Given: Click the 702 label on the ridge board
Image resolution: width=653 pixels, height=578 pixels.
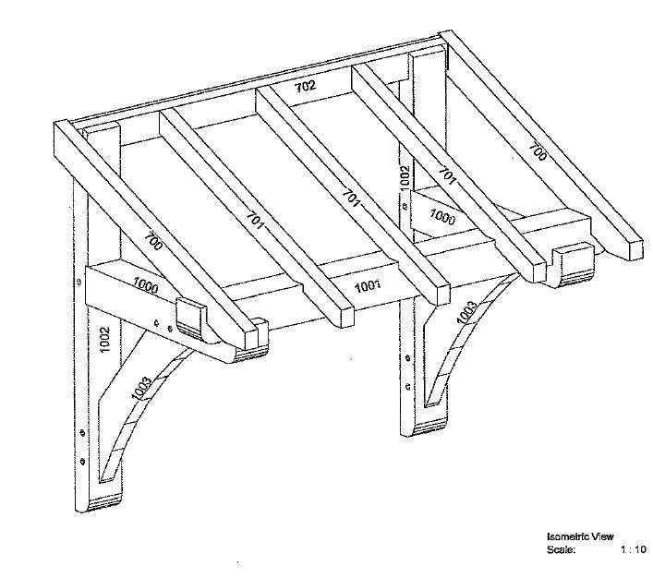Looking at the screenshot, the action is pyautogui.click(x=306, y=87).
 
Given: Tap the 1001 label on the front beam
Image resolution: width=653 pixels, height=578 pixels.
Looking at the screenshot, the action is pyautogui.click(x=368, y=286).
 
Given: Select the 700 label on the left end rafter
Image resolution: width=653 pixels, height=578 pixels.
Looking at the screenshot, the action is pyautogui.click(x=153, y=242).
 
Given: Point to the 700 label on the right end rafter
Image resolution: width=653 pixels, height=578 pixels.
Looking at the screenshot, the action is pyautogui.click(x=538, y=151).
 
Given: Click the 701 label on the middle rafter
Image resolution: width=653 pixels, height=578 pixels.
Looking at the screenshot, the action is pyautogui.click(x=350, y=199).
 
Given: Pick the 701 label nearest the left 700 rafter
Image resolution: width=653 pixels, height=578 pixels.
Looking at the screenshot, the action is pyautogui.click(x=255, y=221).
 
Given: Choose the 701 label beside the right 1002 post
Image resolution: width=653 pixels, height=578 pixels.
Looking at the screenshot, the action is pyautogui.click(x=447, y=175).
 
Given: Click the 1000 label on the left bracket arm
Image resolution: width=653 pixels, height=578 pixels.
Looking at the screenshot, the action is pyautogui.click(x=145, y=285).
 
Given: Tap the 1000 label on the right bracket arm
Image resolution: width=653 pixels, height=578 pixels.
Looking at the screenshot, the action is pyautogui.click(x=442, y=217).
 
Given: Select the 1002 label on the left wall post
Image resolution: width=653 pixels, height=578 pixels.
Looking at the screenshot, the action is pyautogui.click(x=104, y=340).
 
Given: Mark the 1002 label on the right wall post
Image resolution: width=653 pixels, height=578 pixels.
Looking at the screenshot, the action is pyautogui.click(x=404, y=177).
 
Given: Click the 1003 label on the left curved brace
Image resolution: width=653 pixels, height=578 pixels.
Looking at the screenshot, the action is pyautogui.click(x=140, y=388).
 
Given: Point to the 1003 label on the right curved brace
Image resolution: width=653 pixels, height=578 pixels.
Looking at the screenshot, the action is pyautogui.click(x=466, y=312).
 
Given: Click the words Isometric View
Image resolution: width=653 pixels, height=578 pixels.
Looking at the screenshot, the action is pyautogui.click(x=580, y=536).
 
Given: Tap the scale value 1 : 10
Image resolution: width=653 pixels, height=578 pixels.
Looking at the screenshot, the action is pyautogui.click(x=633, y=549).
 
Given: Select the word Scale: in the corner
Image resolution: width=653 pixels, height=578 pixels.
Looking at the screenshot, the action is pyautogui.click(x=561, y=549).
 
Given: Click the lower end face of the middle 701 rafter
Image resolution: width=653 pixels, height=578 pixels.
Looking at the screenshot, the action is pyautogui.click(x=443, y=295).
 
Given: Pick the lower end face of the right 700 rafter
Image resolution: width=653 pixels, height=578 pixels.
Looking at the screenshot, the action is pyautogui.click(x=636, y=249).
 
